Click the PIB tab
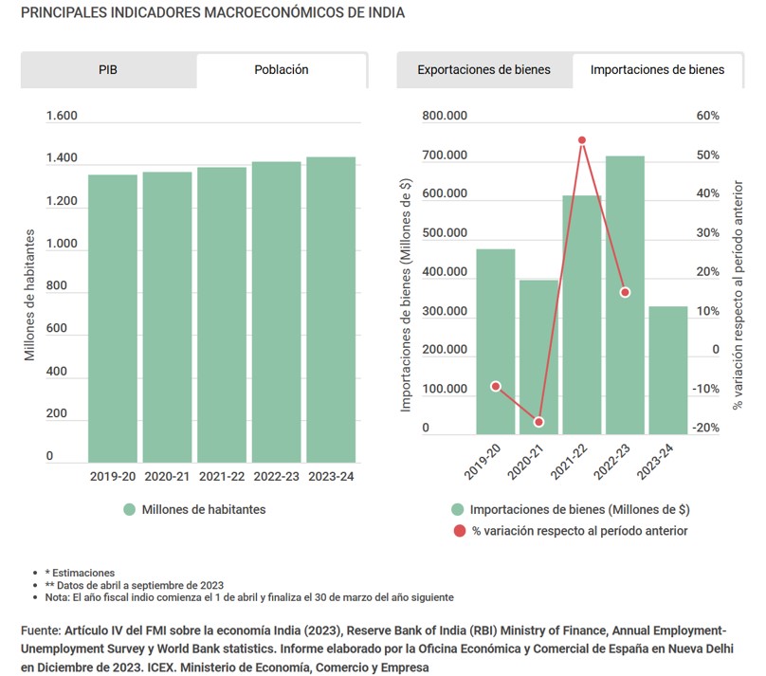tap(108, 70)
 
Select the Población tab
tap(282, 70)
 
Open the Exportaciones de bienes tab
tap(483, 70)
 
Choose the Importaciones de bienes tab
tap(657, 70)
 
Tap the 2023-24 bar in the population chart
tap(330, 308)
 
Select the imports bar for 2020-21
tap(538, 356)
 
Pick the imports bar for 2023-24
tap(668, 370)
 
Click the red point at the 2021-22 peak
tap(582, 140)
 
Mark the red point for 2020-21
tap(538, 422)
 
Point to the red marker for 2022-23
tap(625, 292)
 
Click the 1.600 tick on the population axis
tap(62, 117)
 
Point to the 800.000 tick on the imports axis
tap(445, 117)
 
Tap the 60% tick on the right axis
tap(707, 117)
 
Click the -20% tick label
tap(707, 429)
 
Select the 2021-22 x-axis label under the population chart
tap(222, 476)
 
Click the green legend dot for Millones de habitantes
tap(130, 510)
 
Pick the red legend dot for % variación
tap(459, 531)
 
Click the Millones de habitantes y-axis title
tap(30, 294)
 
